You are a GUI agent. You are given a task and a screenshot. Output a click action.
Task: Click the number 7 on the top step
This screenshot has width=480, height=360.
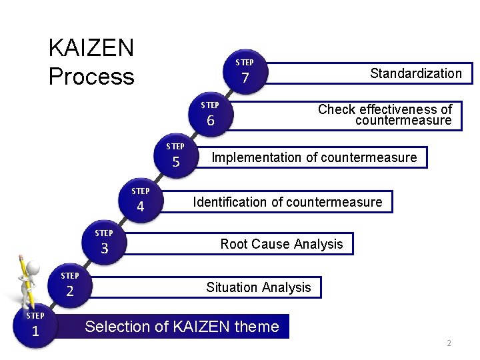pyautogui.click(x=245, y=79)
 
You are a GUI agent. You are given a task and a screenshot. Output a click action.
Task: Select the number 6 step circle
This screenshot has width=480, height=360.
pyautogui.click(x=211, y=121)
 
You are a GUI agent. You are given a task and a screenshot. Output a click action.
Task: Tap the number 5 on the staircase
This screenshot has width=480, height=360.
pyautogui.click(x=176, y=162)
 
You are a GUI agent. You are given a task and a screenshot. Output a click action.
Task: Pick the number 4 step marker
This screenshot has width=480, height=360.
pyautogui.click(x=140, y=207)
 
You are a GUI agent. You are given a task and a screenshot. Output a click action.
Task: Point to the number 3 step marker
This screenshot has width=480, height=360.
pyautogui.click(x=104, y=249)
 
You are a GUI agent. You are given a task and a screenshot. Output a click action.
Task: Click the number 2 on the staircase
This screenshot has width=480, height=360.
pyautogui.click(x=69, y=291)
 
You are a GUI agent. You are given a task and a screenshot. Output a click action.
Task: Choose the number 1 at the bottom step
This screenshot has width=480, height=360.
pyautogui.click(x=35, y=331)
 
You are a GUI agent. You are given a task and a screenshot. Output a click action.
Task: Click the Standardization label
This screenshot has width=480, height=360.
pyautogui.click(x=415, y=73)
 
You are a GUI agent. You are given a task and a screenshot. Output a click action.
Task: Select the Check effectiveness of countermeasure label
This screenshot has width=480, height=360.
pyautogui.click(x=385, y=115)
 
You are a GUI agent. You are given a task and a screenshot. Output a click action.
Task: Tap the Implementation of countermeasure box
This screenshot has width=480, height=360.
pyautogui.click(x=314, y=158)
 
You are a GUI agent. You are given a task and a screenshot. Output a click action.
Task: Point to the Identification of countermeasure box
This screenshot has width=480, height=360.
pyautogui.click(x=287, y=202)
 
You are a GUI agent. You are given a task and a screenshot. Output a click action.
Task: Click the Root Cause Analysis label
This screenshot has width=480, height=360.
pyautogui.click(x=281, y=244)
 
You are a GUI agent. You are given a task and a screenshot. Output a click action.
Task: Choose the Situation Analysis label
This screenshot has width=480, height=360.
pyautogui.click(x=259, y=287)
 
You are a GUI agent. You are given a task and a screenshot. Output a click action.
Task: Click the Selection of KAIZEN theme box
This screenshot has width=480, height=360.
pyautogui.click(x=182, y=327)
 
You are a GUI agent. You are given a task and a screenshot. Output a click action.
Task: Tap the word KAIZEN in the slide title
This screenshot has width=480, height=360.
pyautogui.click(x=91, y=48)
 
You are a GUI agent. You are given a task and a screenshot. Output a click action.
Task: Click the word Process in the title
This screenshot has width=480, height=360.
pyautogui.click(x=91, y=77)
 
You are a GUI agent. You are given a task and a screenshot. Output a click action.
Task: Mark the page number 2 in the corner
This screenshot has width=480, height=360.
pyautogui.click(x=449, y=343)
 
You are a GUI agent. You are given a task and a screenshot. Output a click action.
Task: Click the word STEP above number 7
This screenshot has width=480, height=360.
pyautogui.click(x=245, y=63)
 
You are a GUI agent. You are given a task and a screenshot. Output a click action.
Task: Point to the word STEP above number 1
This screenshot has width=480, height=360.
pyautogui.click(x=35, y=315)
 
